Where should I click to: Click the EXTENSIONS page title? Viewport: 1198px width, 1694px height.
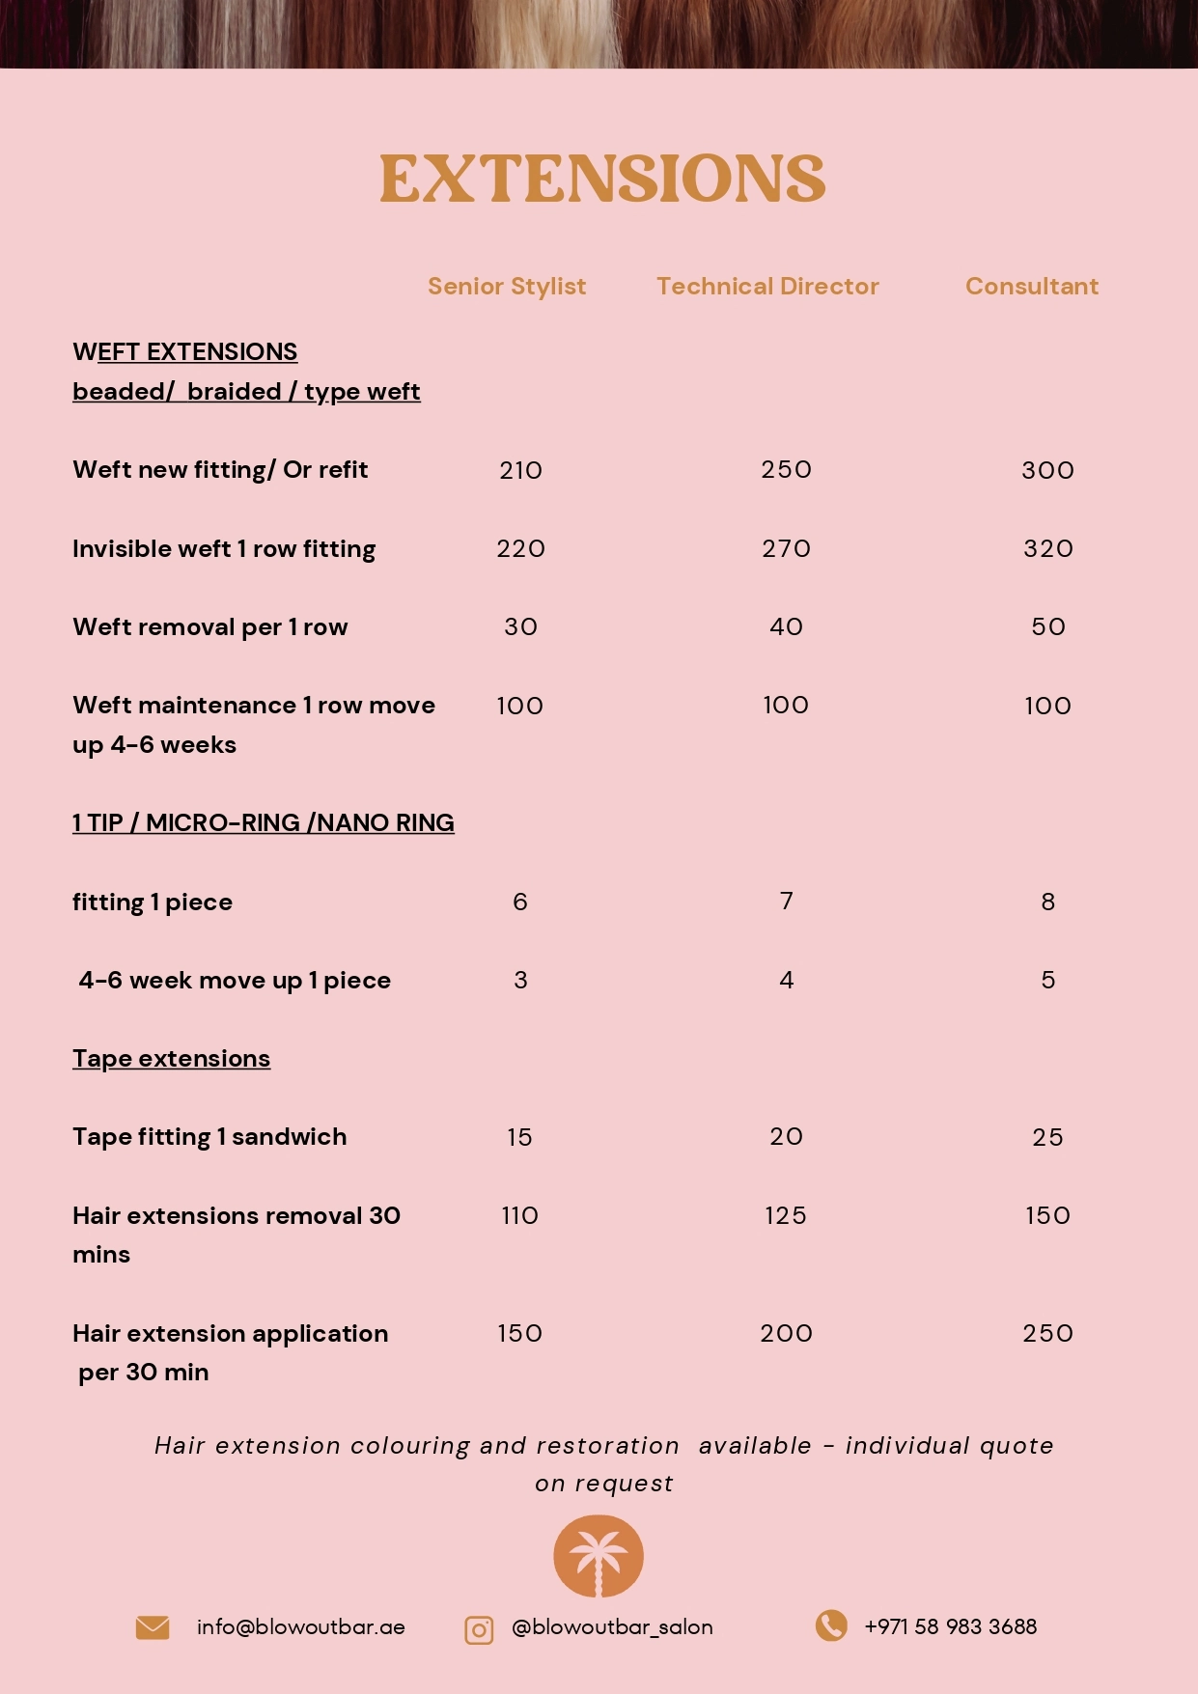click(602, 180)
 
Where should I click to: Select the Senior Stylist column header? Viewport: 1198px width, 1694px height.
click(507, 287)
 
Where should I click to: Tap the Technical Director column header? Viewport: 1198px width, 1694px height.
click(767, 287)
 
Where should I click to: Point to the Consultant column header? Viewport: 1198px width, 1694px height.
click(1031, 287)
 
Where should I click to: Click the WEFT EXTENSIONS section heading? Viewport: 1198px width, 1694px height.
click(184, 352)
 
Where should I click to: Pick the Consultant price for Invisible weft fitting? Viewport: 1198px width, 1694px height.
click(1047, 549)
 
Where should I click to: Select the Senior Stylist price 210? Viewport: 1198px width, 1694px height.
click(520, 470)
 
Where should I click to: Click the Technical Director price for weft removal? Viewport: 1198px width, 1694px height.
click(786, 627)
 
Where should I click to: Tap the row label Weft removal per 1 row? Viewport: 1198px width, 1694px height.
click(209, 627)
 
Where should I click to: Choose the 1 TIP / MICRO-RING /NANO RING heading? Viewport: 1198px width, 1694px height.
click(263, 823)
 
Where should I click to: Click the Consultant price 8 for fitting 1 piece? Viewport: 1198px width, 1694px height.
click(1047, 903)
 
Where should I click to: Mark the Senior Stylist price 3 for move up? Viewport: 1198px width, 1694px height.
click(520, 981)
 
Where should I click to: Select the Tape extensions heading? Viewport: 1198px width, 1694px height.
click(171, 1059)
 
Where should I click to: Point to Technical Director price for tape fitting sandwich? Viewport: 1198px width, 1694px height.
click(786, 1137)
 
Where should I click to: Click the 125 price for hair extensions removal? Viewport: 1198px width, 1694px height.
click(785, 1216)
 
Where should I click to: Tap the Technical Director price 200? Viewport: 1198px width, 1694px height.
click(786, 1334)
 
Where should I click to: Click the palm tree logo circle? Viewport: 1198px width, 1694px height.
click(599, 1556)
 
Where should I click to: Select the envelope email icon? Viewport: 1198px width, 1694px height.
click(153, 1627)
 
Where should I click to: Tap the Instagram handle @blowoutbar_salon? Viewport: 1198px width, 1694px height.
click(612, 1627)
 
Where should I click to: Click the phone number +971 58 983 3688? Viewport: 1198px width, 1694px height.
click(950, 1627)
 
